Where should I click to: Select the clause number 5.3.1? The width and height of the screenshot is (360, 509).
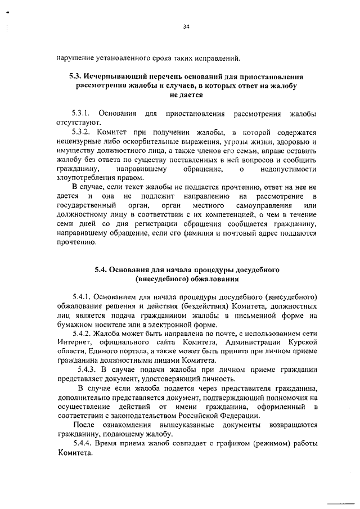(x=83, y=113)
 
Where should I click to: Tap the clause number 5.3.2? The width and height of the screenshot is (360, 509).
(x=83, y=132)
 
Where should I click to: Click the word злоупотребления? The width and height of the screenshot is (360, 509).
(x=86, y=178)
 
